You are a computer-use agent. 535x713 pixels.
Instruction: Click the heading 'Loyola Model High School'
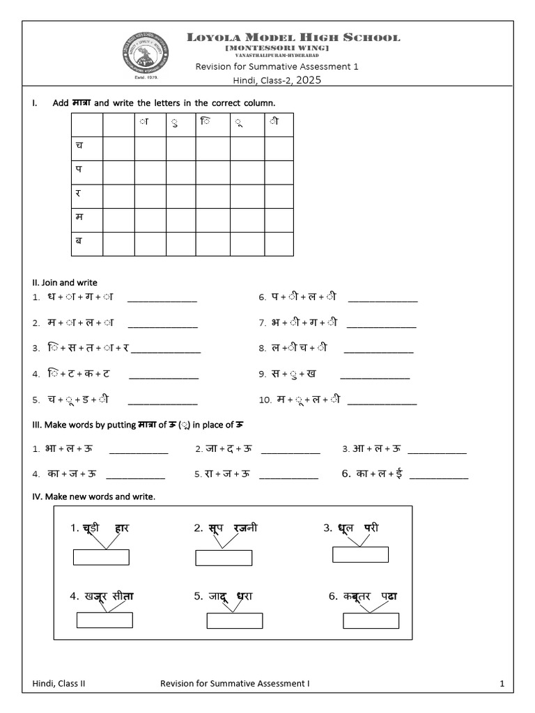[293, 37]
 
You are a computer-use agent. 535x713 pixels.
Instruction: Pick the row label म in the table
[78, 218]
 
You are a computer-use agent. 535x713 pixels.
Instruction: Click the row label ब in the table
[78, 242]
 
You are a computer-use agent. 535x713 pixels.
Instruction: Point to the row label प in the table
[78, 169]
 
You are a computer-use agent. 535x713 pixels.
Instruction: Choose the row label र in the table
[78, 194]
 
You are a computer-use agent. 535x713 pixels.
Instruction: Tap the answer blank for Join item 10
[382, 403]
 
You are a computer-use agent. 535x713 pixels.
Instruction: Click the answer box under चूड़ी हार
[101, 557]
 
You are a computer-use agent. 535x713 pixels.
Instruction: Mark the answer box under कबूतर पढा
[371, 620]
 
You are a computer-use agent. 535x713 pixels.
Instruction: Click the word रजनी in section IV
[245, 528]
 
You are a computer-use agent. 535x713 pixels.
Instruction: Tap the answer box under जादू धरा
[234, 620]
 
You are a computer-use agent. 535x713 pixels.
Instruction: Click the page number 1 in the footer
[502, 684]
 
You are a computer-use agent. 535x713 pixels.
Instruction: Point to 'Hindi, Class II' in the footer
[59, 684]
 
